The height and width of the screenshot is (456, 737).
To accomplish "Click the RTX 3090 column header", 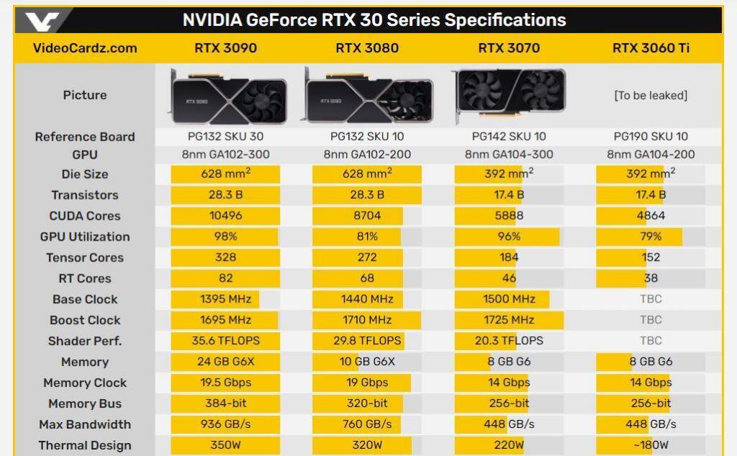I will tap(225, 48).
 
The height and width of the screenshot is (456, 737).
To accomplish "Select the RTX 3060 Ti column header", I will tap(651, 48).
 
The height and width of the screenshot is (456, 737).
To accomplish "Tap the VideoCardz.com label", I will tap(85, 48).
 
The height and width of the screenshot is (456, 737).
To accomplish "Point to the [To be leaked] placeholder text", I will tap(651, 95).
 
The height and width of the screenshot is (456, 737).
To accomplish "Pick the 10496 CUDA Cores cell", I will tap(225, 215).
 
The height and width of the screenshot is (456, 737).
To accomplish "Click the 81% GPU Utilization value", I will tap(367, 236).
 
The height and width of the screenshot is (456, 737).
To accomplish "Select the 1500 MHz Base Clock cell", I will tap(509, 299).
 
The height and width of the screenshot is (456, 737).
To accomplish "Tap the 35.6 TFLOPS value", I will tap(225, 341).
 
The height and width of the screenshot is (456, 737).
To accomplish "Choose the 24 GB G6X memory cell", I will tap(225, 362).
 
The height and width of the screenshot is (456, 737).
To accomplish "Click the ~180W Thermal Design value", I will tap(651, 445).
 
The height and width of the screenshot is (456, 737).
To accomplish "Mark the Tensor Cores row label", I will tap(85, 257).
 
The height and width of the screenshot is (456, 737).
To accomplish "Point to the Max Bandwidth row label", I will tap(85, 424).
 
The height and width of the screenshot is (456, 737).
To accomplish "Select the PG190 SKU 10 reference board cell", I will tap(651, 136).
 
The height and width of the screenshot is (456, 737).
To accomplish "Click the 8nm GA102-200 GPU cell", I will tap(367, 154).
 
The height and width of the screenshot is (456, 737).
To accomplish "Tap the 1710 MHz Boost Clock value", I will tap(367, 320).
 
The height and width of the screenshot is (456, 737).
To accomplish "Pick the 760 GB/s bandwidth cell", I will tap(367, 424).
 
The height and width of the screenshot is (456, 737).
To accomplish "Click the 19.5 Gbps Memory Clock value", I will tap(225, 383).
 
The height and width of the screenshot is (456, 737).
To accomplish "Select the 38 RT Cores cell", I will tap(651, 278).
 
